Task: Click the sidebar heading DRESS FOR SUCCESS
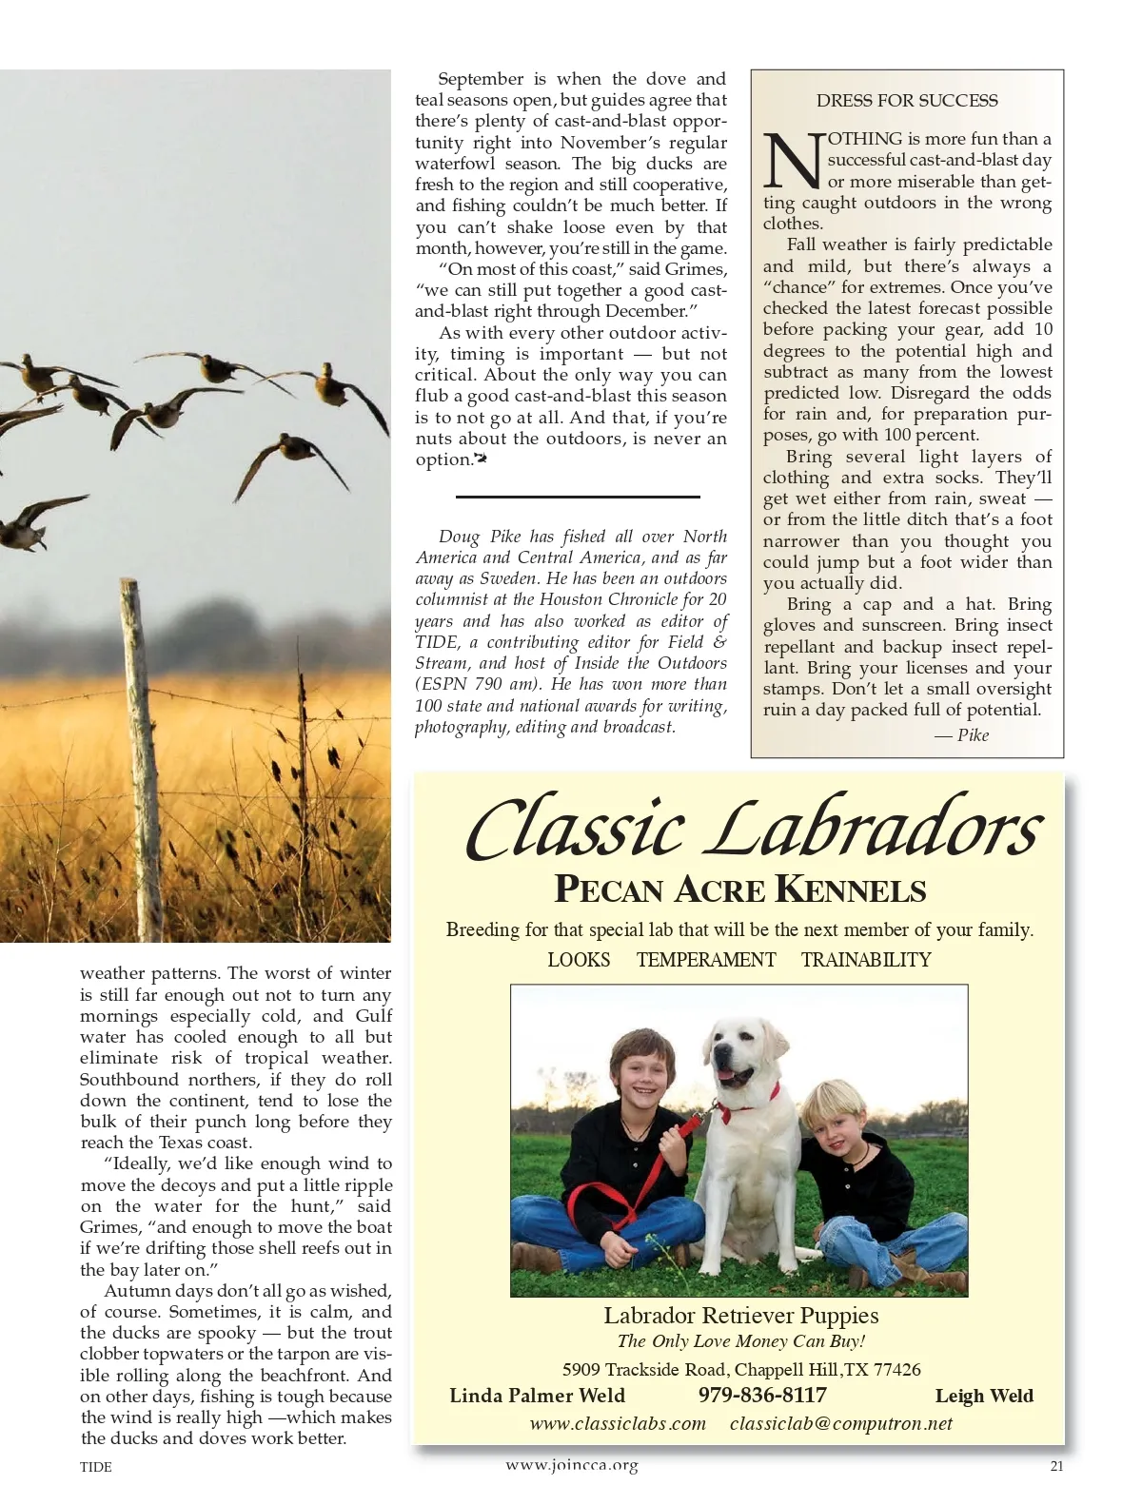[907, 101]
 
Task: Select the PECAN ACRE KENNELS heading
[739, 890]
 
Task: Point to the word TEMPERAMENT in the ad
[706, 960]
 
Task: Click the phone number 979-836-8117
[762, 1396]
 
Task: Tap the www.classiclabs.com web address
[618, 1424]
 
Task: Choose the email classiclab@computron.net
[841, 1424]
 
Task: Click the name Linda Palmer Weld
[537, 1396]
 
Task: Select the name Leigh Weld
[984, 1396]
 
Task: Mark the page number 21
[1056, 1466]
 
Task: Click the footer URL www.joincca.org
[571, 1465]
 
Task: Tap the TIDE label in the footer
[96, 1467]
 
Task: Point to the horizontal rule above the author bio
[578, 497]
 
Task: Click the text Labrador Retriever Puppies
[740, 1316]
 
